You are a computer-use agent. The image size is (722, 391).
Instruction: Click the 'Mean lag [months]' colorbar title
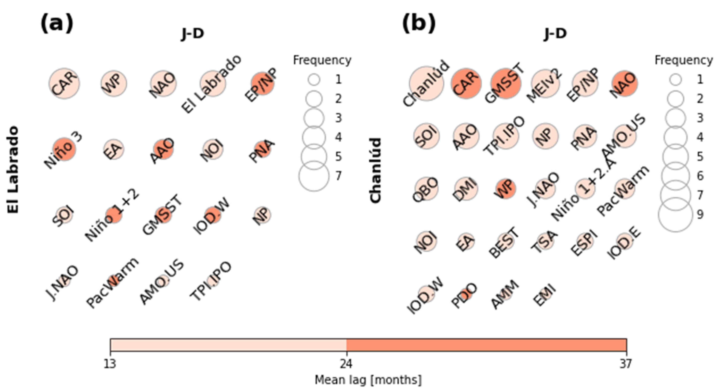[368, 380]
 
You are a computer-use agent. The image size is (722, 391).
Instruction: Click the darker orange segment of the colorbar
[486, 345]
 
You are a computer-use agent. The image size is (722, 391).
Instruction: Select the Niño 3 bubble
[64, 149]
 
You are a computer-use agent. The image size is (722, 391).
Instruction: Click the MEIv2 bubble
[545, 84]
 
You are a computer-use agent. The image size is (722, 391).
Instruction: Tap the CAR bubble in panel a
[64, 84]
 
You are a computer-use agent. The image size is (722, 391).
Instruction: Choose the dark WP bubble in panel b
[505, 189]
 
